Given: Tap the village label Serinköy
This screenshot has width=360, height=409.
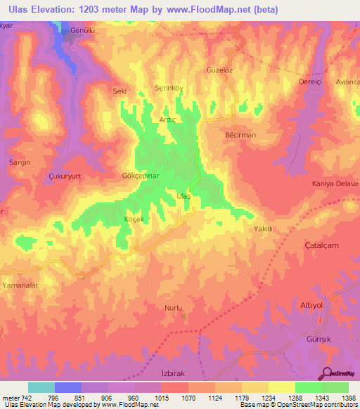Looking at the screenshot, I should click(x=169, y=89).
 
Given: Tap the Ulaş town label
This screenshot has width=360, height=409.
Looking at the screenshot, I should click(x=183, y=195).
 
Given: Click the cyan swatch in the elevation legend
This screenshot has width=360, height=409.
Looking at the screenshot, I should click(x=41, y=387).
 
